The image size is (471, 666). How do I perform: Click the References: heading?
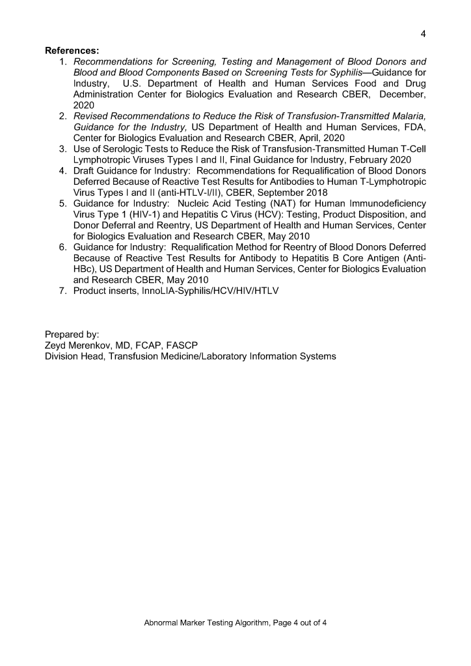coord(72,50)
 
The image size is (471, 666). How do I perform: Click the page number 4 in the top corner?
coord(424,34)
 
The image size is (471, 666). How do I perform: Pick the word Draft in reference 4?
coord(86,170)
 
